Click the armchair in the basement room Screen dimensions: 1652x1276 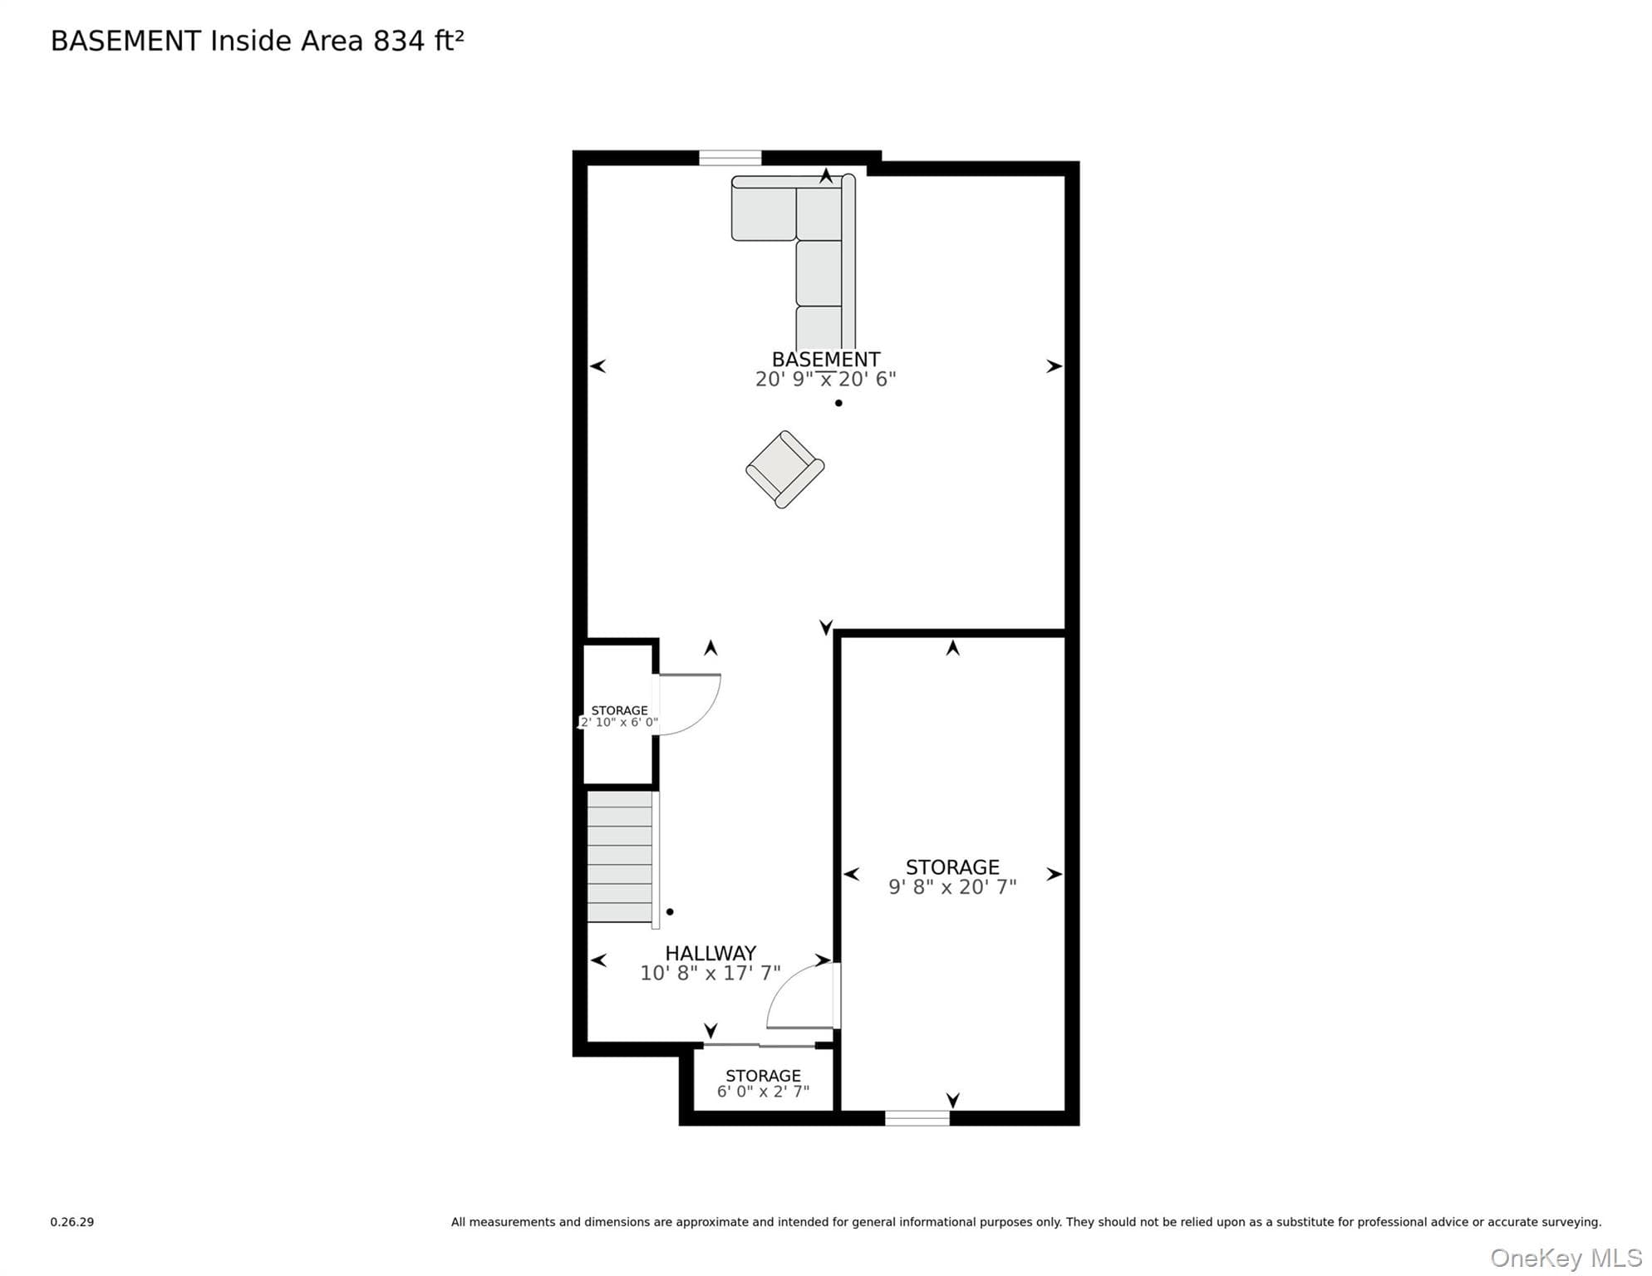pyautogui.click(x=784, y=469)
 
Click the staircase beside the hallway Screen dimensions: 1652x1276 pyautogui.click(x=622, y=857)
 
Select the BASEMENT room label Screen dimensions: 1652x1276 pyautogui.click(x=825, y=360)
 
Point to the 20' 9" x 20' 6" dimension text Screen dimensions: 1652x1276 pyautogui.click(x=825, y=379)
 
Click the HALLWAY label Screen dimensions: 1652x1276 pyautogui.click(x=710, y=954)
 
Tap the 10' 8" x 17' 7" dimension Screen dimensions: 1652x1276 pyautogui.click(x=710, y=973)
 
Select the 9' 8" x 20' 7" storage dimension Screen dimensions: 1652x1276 pyautogui.click(x=952, y=887)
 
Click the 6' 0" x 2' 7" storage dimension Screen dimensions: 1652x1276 pyautogui.click(x=763, y=1092)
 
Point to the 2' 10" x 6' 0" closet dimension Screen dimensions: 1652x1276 pyautogui.click(x=619, y=723)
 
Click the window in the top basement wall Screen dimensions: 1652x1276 pyautogui.click(x=730, y=158)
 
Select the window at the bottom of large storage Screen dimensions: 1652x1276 pyautogui.click(x=917, y=1118)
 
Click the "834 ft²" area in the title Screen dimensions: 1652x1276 pyautogui.click(x=419, y=41)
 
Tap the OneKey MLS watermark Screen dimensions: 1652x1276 pyautogui.click(x=1566, y=1259)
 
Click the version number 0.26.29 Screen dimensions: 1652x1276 pyautogui.click(x=72, y=1222)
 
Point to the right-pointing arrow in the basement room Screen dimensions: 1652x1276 pyautogui.click(x=1054, y=366)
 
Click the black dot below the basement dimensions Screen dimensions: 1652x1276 pyautogui.click(x=838, y=403)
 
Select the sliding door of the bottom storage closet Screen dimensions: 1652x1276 pyautogui.click(x=759, y=1045)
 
